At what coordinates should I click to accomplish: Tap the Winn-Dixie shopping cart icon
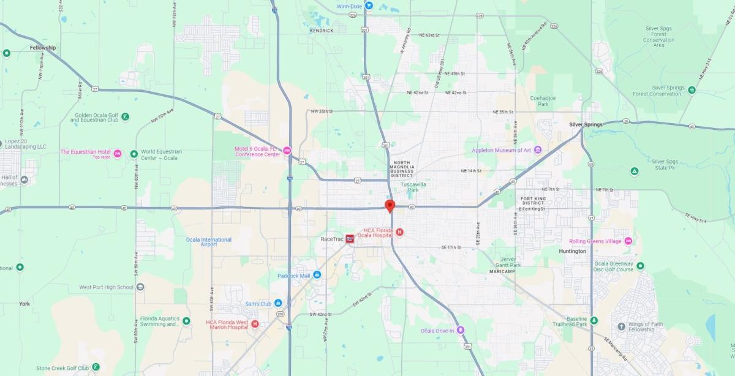[x=369, y=6]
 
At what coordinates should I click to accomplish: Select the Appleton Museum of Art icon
[x=538, y=150]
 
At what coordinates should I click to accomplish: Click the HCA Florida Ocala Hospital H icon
[x=399, y=231]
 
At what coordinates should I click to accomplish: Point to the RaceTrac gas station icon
[x=350, y=239]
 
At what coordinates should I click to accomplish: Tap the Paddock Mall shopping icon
[x=317, y=274]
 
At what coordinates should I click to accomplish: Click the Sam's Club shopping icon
[x=277, y=303]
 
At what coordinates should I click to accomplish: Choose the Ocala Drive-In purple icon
[x=460, y=331]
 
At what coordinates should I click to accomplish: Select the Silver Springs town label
[x=586, y=124]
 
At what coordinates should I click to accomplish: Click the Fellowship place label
[x=43, y=48]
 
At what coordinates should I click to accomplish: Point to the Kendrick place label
[x=322, y=31]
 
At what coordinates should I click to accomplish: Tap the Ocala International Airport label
[x=209, y=242]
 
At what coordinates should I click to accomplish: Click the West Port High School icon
[x=140, y=287]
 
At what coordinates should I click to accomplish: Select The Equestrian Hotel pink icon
[x=117, y=153]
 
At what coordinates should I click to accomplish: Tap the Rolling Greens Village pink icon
[x=628, y=241]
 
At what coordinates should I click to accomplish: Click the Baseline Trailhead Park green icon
[x=594, y=320]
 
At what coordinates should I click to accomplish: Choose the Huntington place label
[x=572, y=251]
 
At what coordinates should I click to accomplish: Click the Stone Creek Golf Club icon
[x=96, y=367]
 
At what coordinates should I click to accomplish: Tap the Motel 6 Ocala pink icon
[x=287, y=151]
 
